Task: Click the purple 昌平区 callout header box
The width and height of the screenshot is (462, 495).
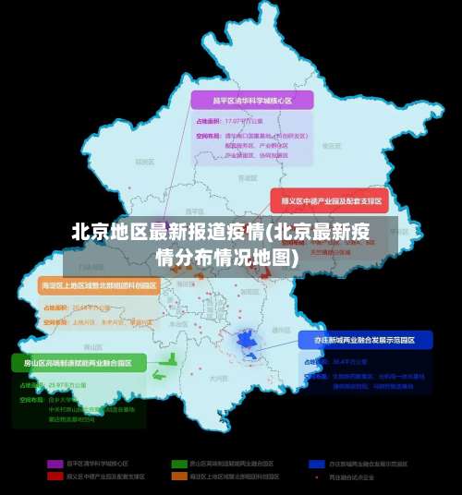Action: click(x=251, y=100)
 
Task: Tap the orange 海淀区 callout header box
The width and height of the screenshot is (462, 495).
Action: click(x=99, y=285)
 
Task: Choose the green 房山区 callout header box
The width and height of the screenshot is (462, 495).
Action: click(x=79, y=362)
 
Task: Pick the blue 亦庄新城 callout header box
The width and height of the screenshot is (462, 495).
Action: click(x=365, y=340)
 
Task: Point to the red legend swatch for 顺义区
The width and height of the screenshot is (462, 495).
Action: click(x=55, y=477)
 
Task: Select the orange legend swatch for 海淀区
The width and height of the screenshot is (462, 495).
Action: click(x=178, y=477)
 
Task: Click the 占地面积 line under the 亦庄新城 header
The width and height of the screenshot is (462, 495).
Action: click(x=338, y=361)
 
